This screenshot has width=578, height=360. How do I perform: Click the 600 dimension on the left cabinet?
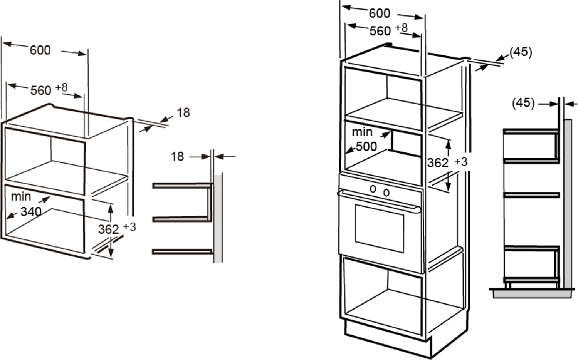(40, 50)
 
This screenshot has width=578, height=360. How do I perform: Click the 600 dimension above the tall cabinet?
(379, 13)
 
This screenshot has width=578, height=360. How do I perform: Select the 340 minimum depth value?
(31, 211)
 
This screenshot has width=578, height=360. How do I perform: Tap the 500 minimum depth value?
(366, 146)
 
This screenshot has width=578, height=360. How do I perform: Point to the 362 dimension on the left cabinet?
(108, 229)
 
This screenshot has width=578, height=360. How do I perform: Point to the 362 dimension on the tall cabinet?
(437, 163)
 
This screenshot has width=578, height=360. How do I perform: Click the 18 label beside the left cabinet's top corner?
(183, 112)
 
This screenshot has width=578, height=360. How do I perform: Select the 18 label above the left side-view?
(177, 156)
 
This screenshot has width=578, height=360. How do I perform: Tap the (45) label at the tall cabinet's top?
(521, 52)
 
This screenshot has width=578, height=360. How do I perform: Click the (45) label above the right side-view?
(523, 103)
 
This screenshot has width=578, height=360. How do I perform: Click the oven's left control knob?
(373, 189)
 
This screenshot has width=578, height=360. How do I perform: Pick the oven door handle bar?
(378, 201)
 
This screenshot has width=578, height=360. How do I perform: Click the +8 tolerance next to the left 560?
(61, 87)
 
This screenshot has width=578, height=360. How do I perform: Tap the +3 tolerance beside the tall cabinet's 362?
(460, 161)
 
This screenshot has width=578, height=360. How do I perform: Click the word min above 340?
(21, 196)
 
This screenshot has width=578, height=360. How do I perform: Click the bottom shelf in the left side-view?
(182, 251)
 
